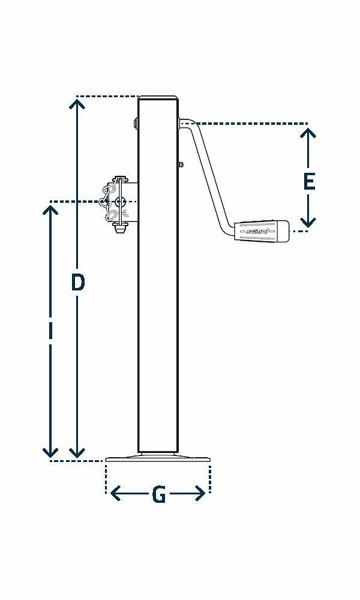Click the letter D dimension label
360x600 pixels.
[77, 282]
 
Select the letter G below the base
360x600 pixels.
[158, 495]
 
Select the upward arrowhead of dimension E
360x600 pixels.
[308, 132]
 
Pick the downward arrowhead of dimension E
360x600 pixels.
[308, 223]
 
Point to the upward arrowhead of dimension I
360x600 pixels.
[51, 209]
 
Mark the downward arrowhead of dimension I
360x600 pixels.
[51, 452]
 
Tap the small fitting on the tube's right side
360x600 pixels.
[181, 164]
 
